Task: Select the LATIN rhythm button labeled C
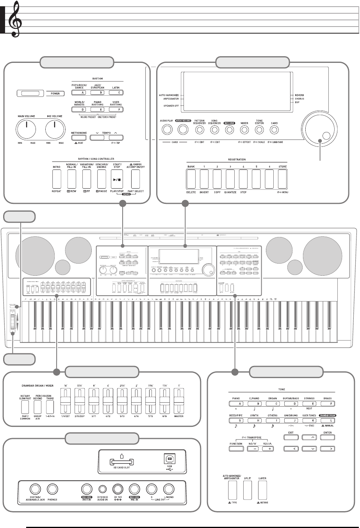click(x=113, y=93)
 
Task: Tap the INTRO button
click(x=57, y=180)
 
